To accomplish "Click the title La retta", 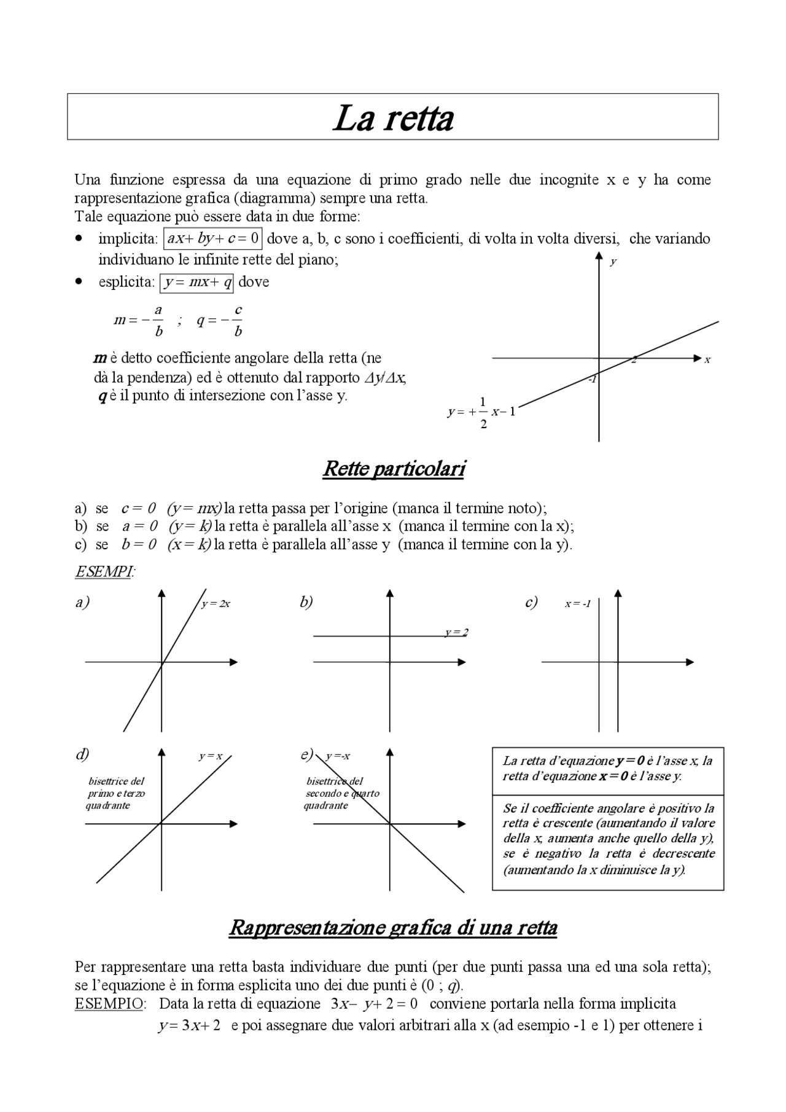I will coord(393,118).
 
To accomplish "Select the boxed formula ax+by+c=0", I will coord(213,238).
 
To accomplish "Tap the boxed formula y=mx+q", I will coord(197,283).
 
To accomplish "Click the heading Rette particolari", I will coord(394,469).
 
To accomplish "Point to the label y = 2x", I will coord(216,604).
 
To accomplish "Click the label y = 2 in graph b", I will coord(456,632).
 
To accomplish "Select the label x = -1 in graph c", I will coord(578,604).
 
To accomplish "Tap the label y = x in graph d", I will coord(211,756).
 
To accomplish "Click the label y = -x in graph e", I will coord(338,756).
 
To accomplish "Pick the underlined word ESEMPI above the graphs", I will coord(103,572).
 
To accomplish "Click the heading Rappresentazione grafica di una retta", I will coord(393,927).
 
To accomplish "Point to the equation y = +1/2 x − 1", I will coord(481,413).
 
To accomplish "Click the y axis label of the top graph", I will coord(613,262).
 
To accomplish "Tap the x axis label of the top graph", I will coord(707,360).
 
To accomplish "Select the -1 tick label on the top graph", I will coord(592,380).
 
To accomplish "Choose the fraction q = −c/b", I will coord(220,321).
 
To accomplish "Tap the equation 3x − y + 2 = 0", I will coord(374,1004).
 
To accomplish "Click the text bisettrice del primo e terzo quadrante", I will coord(117,793).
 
